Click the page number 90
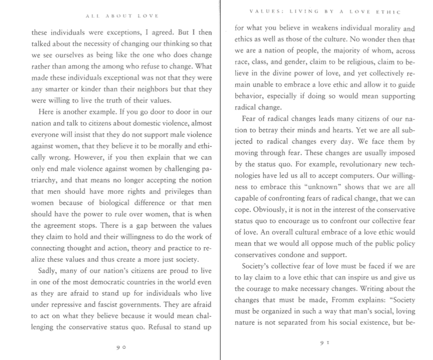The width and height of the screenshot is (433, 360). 121,348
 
